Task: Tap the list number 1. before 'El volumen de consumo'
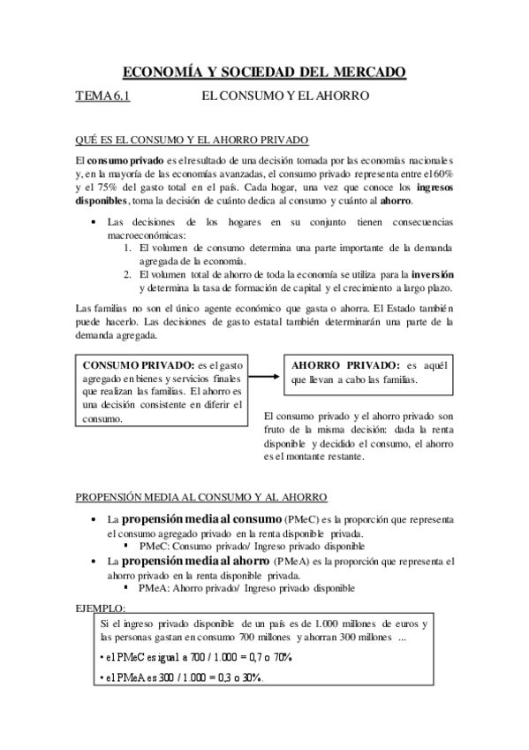(x=129, y=249)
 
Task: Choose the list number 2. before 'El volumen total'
(x=129, y=274)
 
